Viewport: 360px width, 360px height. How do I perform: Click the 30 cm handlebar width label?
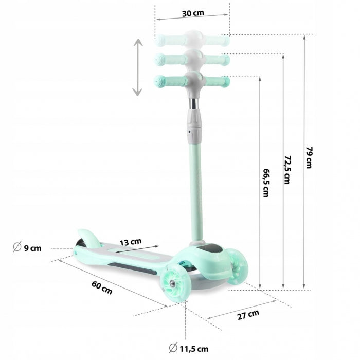192,13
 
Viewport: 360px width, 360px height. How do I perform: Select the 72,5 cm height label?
287,169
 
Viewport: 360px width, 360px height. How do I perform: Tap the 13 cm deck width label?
131,241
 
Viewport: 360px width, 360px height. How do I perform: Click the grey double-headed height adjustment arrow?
137,67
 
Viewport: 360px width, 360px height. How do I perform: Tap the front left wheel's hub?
172,283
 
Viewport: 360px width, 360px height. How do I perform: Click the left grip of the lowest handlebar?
164,81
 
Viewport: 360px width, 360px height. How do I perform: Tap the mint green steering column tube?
196,190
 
